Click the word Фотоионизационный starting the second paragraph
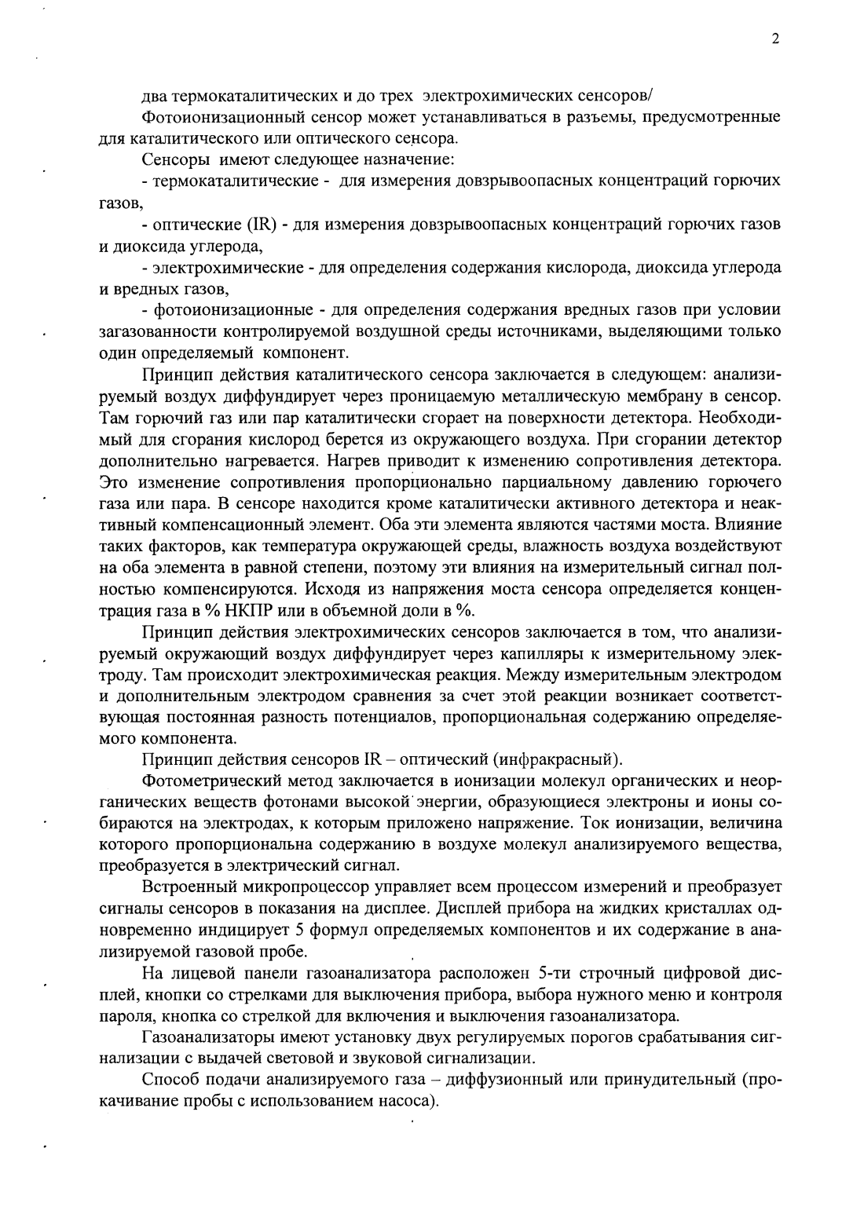(x=212, y=119)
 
